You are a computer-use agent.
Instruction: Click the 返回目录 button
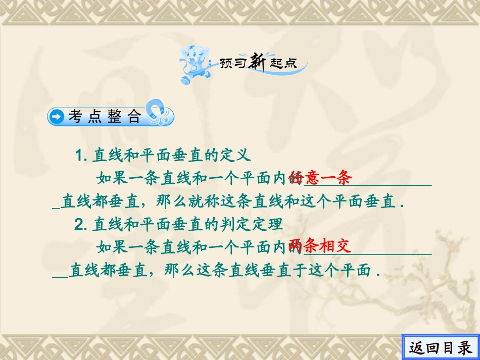pos(441,347)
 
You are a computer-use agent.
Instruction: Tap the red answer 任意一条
pos(320,178)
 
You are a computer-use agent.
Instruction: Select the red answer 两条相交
pos(320,247)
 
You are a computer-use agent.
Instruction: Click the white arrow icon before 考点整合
pos(58,118)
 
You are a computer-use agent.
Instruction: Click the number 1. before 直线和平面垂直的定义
pos(82,155)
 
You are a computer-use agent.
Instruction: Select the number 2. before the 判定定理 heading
pos(81,225)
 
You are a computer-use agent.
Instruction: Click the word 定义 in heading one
pos(234,155)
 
